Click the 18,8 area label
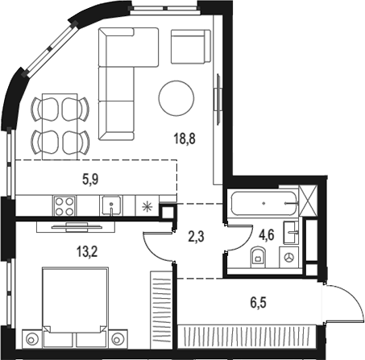pos(185,139)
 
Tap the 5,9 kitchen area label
pos(90,180)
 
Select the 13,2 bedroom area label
pos(87,252)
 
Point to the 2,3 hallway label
pos(197,237)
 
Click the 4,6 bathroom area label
pos(266,235)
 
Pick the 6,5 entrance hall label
pos(258,303)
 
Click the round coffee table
pos(176,98)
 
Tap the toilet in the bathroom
pos(258,258)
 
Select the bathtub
pos(264,203)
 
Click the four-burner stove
pos(64,206)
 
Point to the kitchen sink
pos(111,205)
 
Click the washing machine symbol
pos(289,258)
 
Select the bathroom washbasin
pos(291,233)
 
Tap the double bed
pos(76,307)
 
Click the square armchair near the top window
pos(190,47)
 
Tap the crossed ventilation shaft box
pos(308,201)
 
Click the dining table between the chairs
pos(60,126)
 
